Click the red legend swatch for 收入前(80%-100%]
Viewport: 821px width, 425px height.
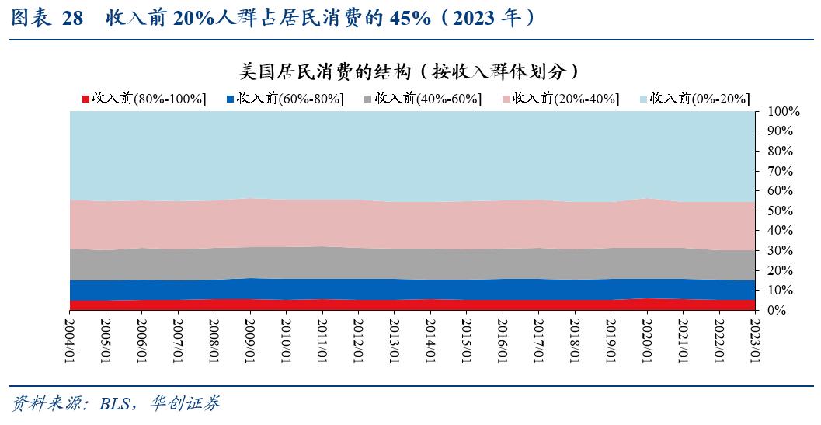tap(86, 99)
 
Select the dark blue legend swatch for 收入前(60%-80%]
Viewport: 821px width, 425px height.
tap(230, 99)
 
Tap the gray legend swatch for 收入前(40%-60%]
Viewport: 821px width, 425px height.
tap(368, 99)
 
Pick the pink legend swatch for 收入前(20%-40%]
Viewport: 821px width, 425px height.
tap(506, 99)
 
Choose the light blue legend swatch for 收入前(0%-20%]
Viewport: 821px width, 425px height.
tap(643, 99)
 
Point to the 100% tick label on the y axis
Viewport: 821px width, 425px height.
tap(784, 112)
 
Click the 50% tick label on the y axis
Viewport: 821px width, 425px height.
tap(781, 211)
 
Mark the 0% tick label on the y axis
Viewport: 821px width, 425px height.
tap(778, 310)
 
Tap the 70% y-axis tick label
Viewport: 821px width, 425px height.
tap(781, 171)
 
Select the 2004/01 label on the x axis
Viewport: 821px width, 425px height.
tap(71, 337)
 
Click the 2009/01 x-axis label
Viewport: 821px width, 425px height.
tap(250, 337)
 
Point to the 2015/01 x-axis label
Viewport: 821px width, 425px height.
tap(466, 337)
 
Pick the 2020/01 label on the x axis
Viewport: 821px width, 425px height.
tap(646, 337)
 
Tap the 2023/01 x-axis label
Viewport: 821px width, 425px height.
tap(754, 337)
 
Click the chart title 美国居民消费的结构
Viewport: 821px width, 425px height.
tap(325, 71)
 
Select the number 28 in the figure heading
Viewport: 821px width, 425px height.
tap(72, 19)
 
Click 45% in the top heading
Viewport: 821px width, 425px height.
tap(410, 19)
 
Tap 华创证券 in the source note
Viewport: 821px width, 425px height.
tap(185, 403)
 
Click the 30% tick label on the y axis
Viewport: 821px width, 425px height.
tap(781, 250)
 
